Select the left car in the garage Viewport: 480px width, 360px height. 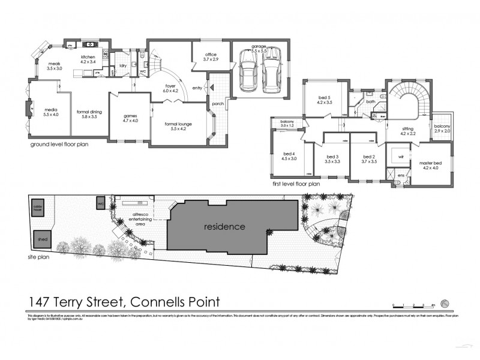pyautogui.click(x=247, y=71)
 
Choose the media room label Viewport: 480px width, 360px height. pyautogui.click(x=51, y=112)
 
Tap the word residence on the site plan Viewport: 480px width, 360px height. pyautogui.click(x=224, y=227)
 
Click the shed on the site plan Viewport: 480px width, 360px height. pyautogui.click(x=42, y=239)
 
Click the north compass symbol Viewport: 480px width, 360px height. pyautogui.click(x=445, y=302)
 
